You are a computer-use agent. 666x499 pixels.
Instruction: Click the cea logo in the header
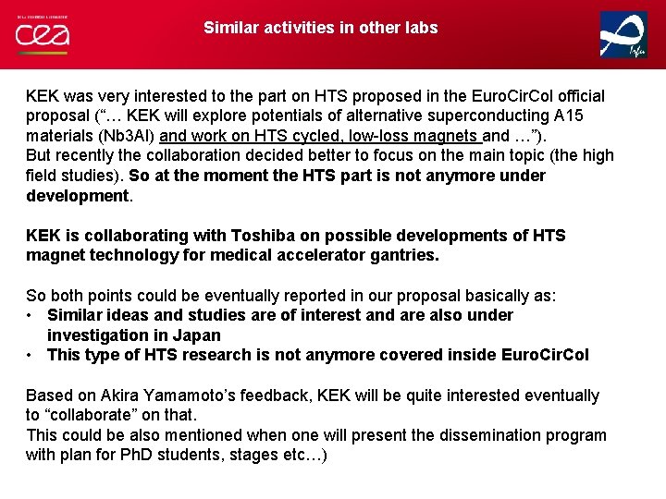click(x=42, y=34)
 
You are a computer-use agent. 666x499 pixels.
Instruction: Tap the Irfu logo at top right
click(x=623, y=35)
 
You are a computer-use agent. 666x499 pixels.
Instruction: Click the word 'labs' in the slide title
click(x=419, y=28)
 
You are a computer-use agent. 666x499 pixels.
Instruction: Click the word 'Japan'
click(x=196, y=335)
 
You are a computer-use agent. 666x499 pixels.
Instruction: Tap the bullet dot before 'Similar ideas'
click(x=31, y=315)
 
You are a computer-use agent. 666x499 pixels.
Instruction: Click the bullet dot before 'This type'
click(x=31, y=356)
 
